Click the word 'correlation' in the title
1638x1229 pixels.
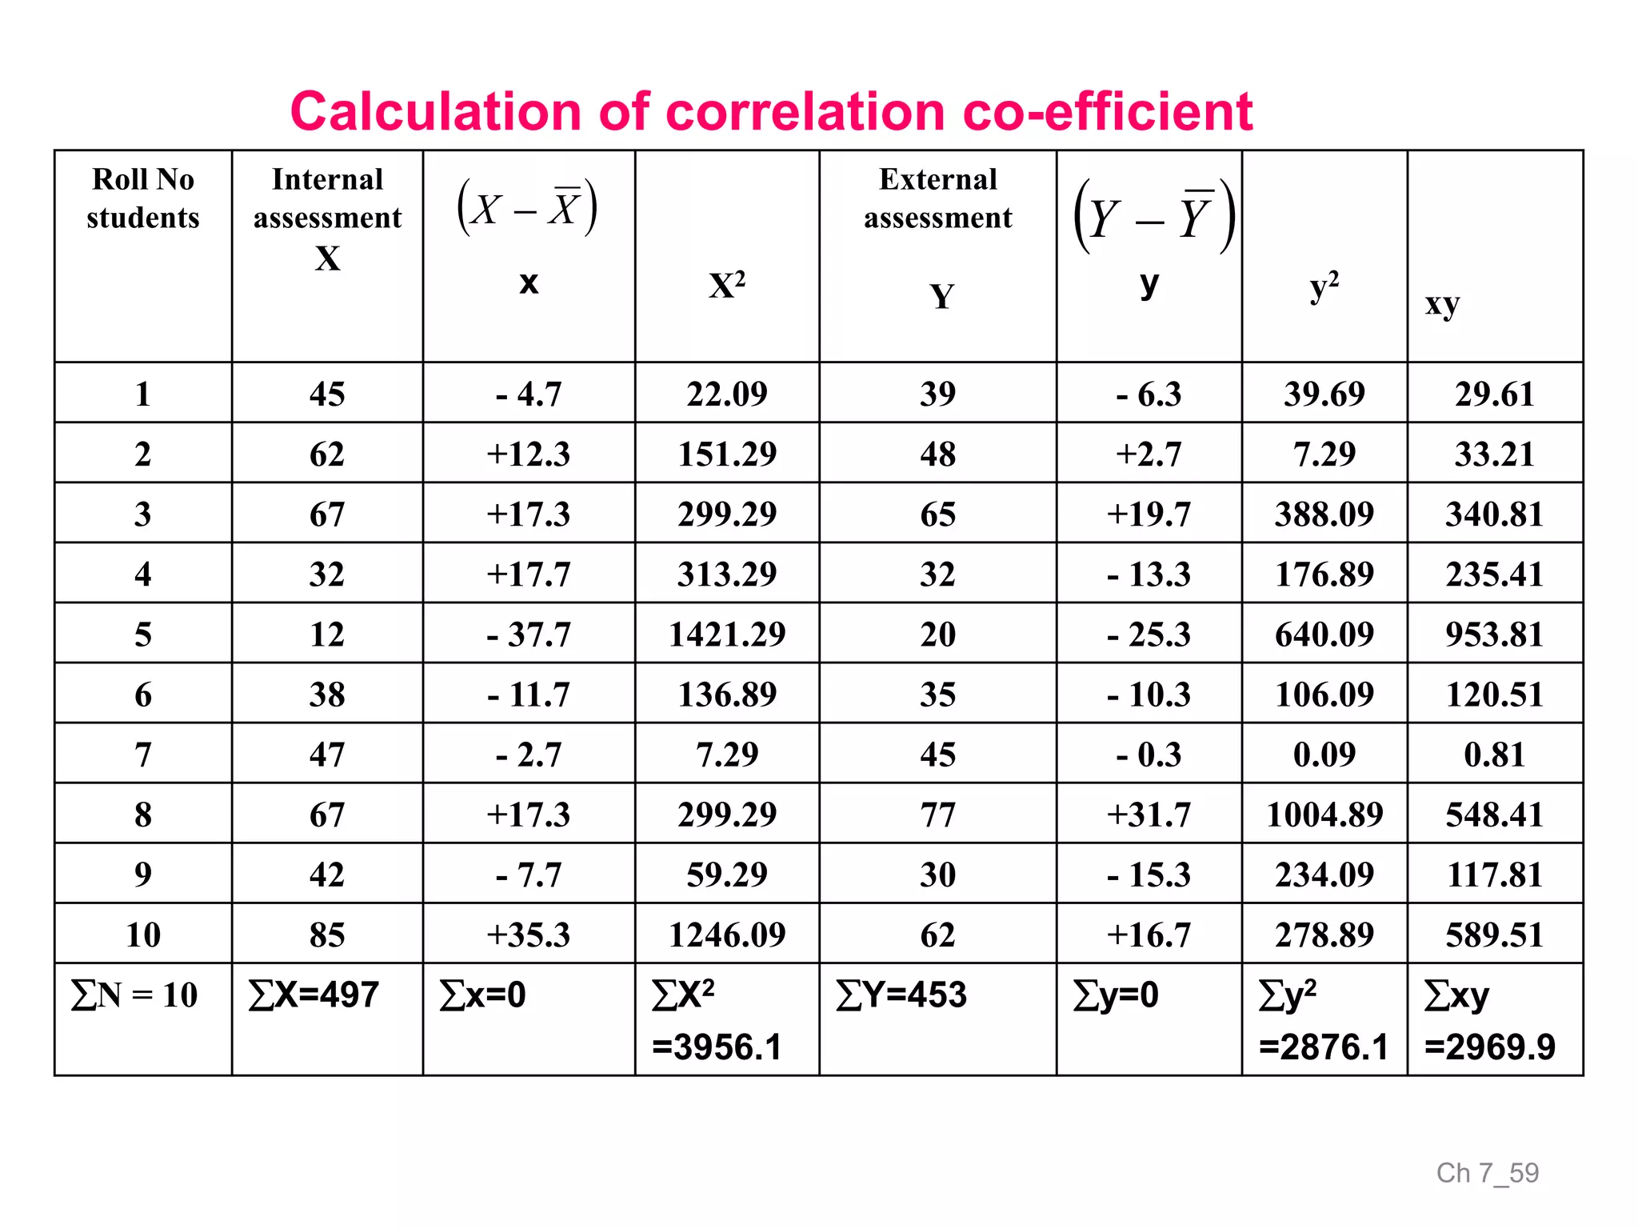coord(805,111)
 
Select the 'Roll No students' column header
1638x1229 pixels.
coord(143,198)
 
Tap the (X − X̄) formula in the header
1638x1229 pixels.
coord(527,208)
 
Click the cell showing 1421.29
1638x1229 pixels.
coord(727,635)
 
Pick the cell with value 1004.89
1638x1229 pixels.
coord(1324,815)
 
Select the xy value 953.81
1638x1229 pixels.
coord(1494,635)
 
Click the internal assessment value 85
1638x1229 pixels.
coord(327,935)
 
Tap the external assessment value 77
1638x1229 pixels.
coord(937,815)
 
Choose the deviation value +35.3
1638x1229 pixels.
coord(528,935)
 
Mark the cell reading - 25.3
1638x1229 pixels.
coord(1149,635)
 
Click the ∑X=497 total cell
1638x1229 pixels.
coord(314,995)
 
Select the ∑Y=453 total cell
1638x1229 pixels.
coord(901,995)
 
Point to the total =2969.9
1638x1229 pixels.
coord(1490,1047)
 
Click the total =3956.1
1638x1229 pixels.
coord(717,1047)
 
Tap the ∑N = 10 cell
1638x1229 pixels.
coord(134,995)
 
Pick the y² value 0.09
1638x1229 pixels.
coord(1324,755)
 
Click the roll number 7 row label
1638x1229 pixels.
coord(143,755)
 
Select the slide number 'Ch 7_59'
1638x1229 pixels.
coord(1487,1173)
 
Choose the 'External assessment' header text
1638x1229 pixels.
coord(937,198)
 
